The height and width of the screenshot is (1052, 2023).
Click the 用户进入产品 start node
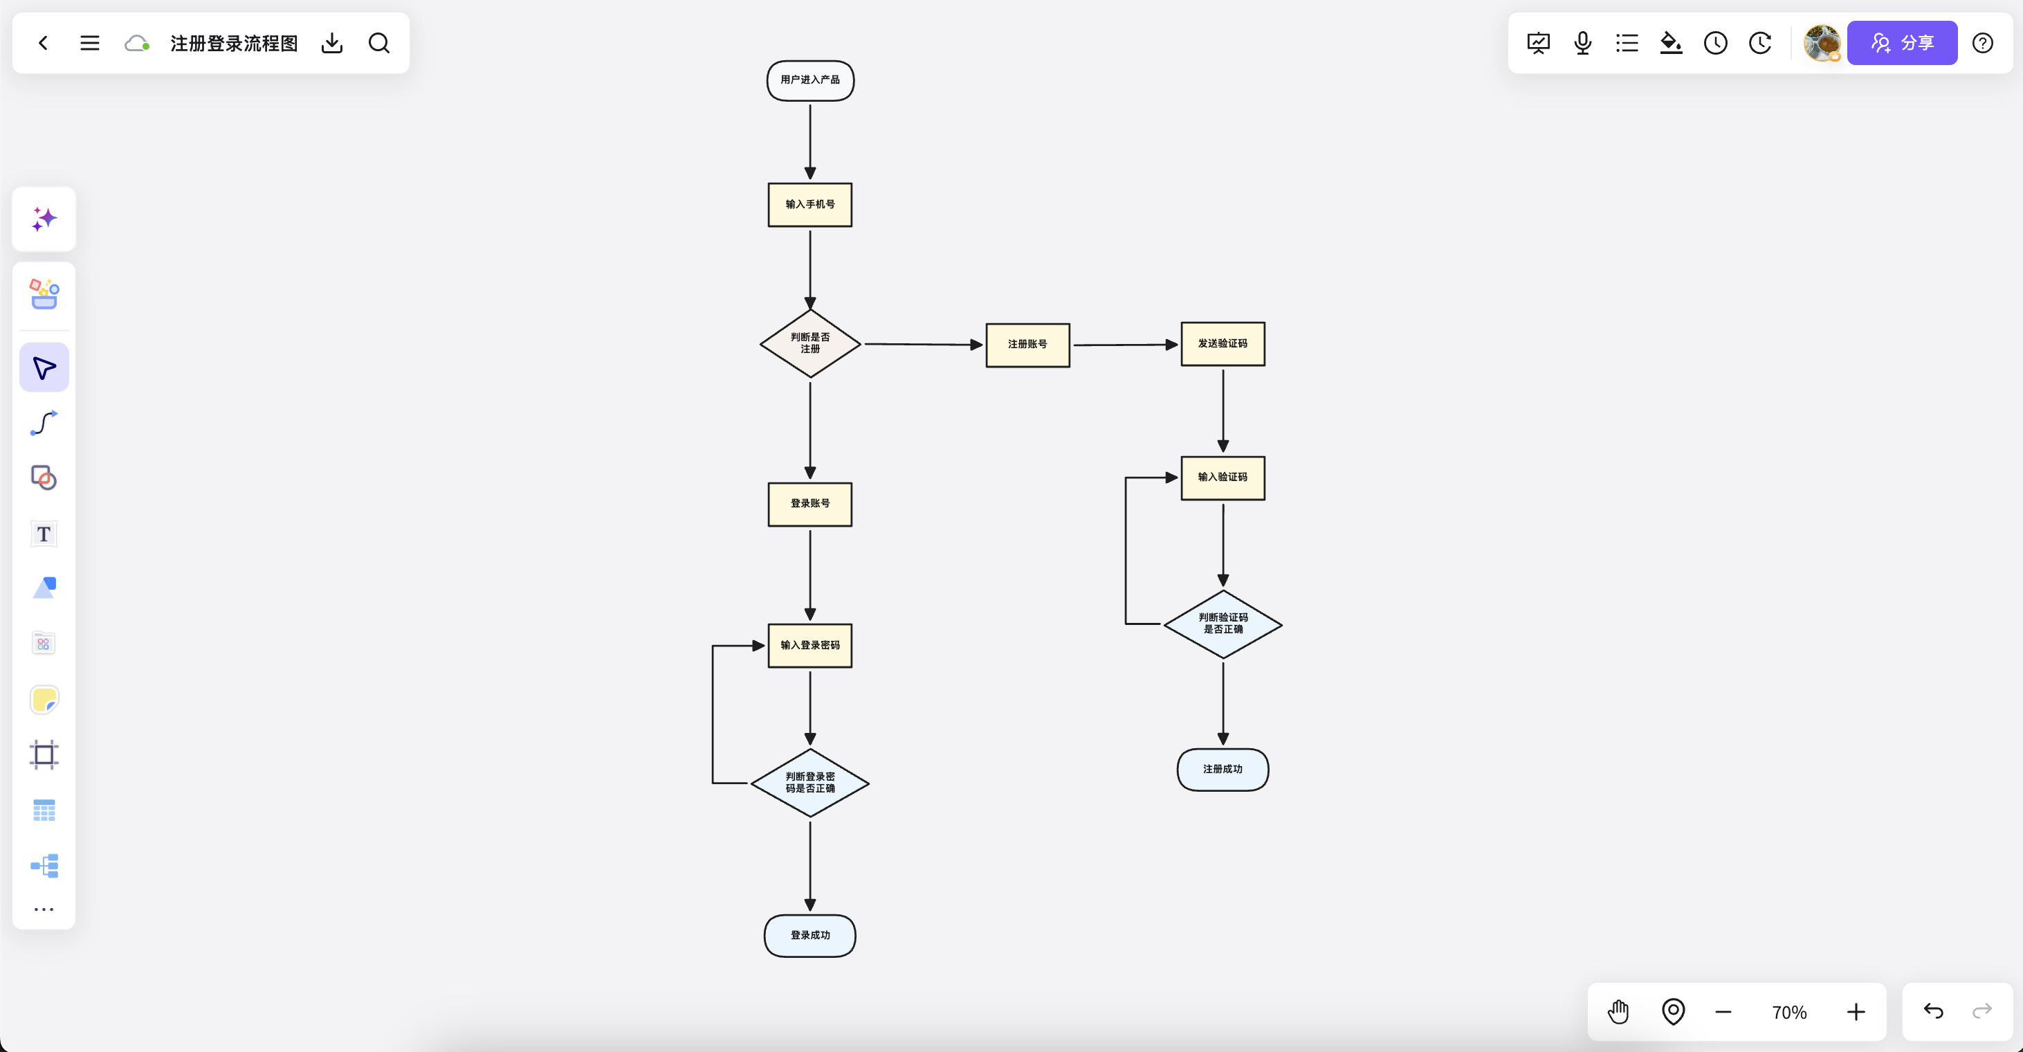(809, 80)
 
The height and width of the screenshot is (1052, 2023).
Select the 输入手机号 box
(809, 204)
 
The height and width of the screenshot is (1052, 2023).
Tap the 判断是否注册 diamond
(809, 343)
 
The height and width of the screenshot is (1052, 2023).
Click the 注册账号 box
(1027, 344)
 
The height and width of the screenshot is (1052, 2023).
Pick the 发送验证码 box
(1223, 343)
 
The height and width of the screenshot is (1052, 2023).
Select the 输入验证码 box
(1223, 478)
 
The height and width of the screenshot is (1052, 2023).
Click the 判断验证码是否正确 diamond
(1223, 624)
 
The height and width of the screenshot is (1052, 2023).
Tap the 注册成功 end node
(1223, 769)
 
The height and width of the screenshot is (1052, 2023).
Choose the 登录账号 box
(809, 504)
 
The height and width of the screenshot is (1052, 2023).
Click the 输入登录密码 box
(809, 645)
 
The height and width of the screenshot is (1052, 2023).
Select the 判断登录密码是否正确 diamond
(809, 783)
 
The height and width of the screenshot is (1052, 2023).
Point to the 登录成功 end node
(809, 935)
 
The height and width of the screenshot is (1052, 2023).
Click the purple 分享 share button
(1901, 42)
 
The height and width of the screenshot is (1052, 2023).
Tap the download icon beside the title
(332, 42)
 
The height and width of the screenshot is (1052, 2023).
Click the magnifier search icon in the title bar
(378, 42)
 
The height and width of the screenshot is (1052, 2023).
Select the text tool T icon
(44, 534)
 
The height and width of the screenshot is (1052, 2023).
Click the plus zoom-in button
(1856, 1012)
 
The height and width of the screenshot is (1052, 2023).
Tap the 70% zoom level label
(1789, 1013)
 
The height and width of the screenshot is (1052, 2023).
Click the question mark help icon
(1982, 42)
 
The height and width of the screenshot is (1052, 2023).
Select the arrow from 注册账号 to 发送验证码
(1126, 344)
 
